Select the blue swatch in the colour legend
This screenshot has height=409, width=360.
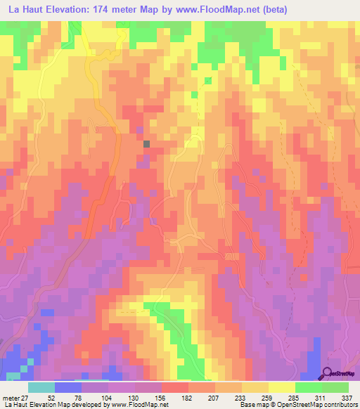click(67, 387)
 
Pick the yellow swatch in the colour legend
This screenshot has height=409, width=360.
click(281, 387)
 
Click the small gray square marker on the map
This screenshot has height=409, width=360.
click(147, 143)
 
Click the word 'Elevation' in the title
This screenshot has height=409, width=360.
click(74, 8)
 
